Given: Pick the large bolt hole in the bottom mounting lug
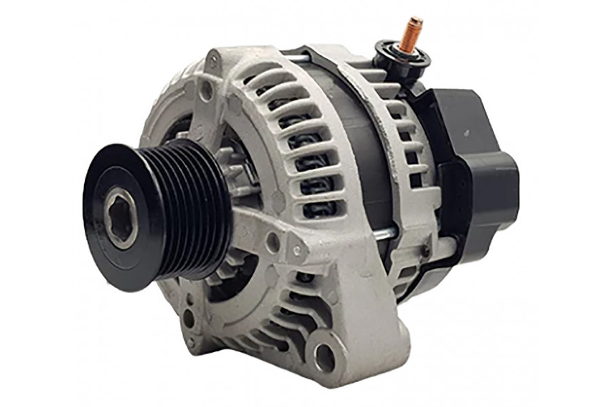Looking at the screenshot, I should click(x=325, y=355).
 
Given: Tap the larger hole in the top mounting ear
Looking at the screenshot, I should click(x=206, y=90).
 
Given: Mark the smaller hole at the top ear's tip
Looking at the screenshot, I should click(x=214, y=62).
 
